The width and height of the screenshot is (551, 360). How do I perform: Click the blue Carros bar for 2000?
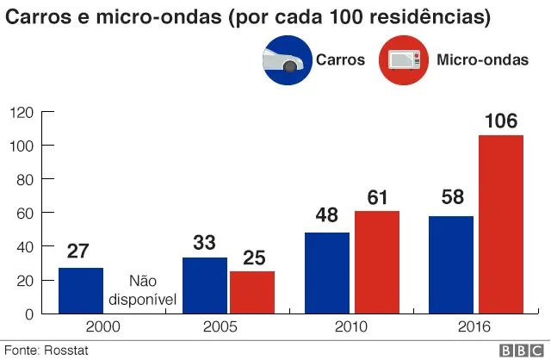coord(81,291)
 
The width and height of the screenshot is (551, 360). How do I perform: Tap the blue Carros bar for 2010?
coord(327,273)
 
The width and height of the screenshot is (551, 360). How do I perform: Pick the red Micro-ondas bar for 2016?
coord(501,225)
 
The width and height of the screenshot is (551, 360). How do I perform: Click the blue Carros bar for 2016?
coord(451,265)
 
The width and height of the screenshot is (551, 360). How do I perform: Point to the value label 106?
coord(501,121)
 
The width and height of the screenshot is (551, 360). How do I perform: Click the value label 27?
coord(78,252)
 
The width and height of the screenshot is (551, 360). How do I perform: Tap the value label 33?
coord(204,243)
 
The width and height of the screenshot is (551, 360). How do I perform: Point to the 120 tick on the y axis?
coord(22,113)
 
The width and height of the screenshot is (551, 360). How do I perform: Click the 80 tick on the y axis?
coord(25,180)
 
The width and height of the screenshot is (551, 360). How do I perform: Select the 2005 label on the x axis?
coord(220,327)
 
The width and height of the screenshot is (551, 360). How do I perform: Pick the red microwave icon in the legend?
coord(405,60)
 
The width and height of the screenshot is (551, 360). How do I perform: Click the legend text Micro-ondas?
coord(482,60)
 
